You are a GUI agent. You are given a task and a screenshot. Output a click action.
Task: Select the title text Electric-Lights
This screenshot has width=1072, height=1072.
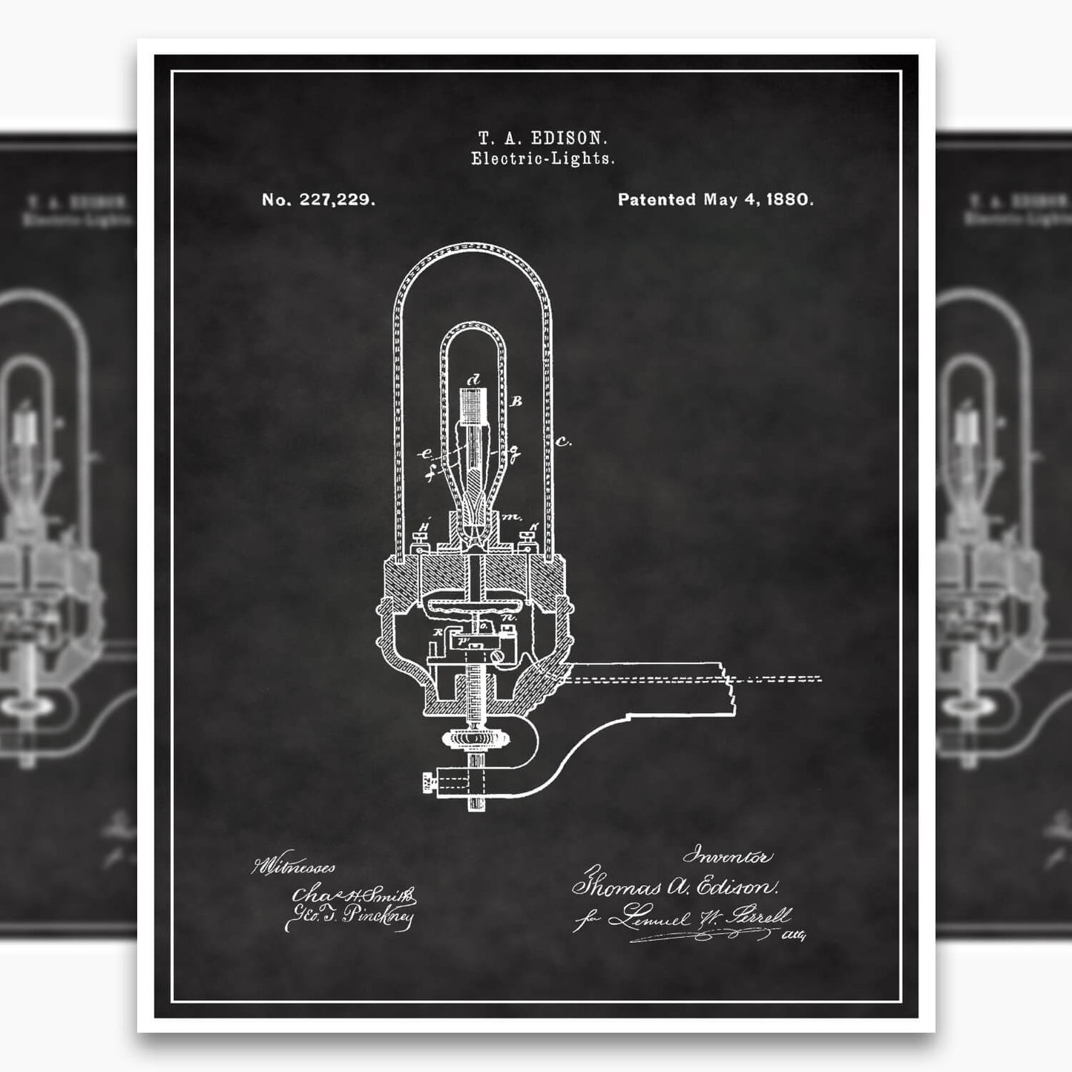coord(543,159)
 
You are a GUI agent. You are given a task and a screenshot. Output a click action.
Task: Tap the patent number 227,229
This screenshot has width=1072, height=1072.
coord(338,200)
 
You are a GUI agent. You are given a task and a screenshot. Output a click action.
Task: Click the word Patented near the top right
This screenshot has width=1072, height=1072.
coord(657,200)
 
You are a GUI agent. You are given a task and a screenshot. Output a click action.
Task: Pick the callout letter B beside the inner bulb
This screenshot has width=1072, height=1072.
coord(517,401)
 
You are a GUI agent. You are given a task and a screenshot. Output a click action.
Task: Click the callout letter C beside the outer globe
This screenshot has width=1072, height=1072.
coord(563,443)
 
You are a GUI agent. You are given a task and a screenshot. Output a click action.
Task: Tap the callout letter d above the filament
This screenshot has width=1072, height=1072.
coord(475,379)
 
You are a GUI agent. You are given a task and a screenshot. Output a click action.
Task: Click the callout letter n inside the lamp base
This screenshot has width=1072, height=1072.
coord(509,616)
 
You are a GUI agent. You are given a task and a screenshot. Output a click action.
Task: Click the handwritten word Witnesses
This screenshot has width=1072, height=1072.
coord(295,867)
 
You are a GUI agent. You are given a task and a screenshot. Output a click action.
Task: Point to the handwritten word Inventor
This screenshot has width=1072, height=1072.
coord(727,858)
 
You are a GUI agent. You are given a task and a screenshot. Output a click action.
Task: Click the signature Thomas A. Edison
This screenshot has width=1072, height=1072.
coord(674,887)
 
